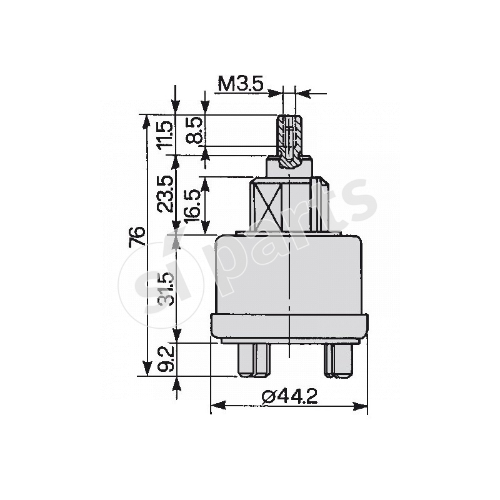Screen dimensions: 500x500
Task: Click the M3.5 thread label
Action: [240, 83]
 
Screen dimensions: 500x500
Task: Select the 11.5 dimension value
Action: [164, 134]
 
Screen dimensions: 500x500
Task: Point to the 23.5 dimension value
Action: [164, 194]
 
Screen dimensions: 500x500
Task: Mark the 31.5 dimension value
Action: [164, 287]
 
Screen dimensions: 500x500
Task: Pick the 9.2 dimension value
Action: [164, 359]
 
